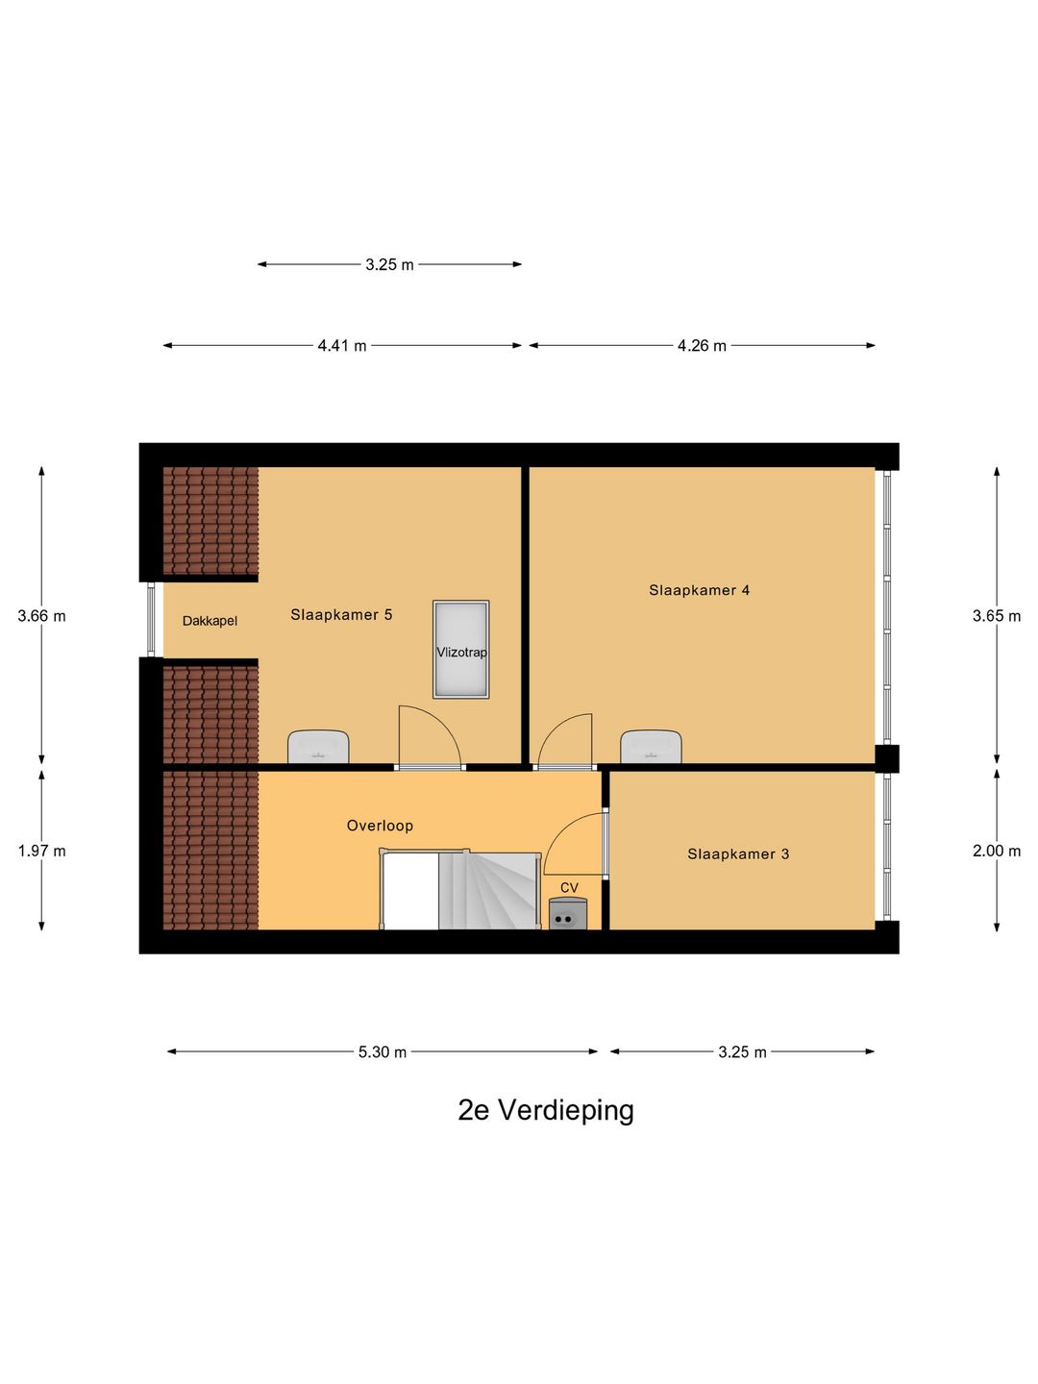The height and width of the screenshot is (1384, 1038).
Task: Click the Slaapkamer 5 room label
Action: point(341,615)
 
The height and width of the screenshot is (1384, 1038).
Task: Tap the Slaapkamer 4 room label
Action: point(699,590)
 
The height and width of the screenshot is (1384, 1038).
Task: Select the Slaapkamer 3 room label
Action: point(738,853)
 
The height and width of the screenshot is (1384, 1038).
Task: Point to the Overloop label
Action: point(380,826)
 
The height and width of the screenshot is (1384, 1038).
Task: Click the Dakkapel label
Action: point(210,621)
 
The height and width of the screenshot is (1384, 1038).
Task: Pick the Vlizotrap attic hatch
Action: point(461,650)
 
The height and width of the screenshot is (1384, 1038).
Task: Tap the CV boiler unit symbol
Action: point(567,915)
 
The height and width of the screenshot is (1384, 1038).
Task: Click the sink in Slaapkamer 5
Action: point(318,747)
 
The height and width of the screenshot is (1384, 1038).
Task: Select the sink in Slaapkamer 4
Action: point(651,747)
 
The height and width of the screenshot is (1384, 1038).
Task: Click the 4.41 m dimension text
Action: point(342,346)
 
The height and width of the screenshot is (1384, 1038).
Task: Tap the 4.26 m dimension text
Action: point(702,346)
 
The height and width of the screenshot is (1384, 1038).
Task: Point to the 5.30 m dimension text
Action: point(383,1052)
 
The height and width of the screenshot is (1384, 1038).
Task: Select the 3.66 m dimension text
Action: point(41,616)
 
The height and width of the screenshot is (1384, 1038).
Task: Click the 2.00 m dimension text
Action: point(997,851)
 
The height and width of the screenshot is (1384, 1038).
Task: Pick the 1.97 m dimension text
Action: point(41,851)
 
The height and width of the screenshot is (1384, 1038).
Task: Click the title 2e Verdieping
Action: point(546,1110)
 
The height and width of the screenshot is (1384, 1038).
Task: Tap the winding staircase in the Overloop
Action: point(488,892)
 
